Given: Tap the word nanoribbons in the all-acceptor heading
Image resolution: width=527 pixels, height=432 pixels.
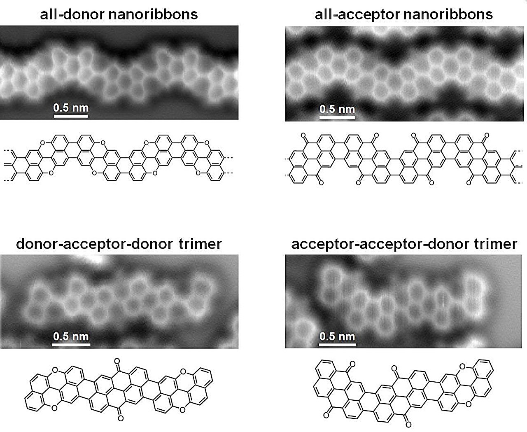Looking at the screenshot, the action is [x=448, y=14].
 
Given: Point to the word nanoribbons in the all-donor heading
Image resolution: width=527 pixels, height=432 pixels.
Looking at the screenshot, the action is [x=153, y=14].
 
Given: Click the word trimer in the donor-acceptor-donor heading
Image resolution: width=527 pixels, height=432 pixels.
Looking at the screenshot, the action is [x=200, y=244].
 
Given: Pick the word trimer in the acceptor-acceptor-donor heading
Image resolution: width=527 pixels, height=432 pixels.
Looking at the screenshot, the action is [x=496, y=244].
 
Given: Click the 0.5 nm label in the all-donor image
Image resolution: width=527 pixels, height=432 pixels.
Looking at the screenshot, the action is [x=71, y=108].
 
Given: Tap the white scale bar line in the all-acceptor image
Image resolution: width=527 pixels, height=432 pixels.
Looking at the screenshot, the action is [x=337, y=117].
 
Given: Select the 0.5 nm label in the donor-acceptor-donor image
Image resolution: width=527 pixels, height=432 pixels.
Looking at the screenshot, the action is [x=71, y=336].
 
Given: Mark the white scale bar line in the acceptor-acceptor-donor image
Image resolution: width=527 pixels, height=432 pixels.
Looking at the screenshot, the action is [x=337, y=345].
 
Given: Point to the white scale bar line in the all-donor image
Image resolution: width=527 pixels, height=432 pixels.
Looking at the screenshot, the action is [x=71, y=116].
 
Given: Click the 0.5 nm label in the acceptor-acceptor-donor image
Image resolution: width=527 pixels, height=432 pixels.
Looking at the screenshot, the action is [x=337, y=336].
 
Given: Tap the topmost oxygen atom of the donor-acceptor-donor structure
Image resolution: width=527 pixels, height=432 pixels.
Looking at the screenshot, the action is [x=117, y=361].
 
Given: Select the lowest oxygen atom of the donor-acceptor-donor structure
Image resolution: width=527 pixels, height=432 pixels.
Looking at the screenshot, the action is [x=121, y=418].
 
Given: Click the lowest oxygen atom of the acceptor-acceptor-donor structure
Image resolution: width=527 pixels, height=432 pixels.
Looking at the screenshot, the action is [x=408, y=425].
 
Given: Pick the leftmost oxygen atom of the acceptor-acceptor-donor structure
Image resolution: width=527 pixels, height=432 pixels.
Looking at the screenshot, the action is [x=326, y=416].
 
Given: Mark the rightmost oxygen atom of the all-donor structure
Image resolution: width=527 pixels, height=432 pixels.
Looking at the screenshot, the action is [x=207, y=143].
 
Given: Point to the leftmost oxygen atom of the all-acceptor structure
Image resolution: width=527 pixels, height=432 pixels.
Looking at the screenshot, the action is [x=303, y=135].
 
